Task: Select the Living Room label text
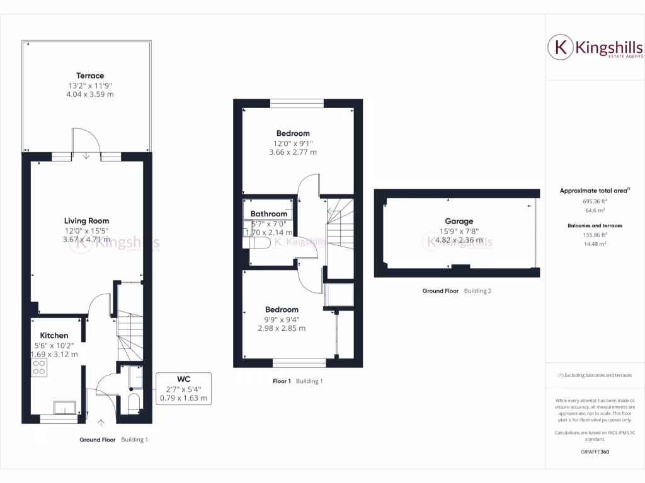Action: (x=86, y=221)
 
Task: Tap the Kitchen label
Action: (x=54, y=336)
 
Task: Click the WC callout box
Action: (x=183, y=389)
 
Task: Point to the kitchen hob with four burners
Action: (x=38, y=367)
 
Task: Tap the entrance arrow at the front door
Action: (x=100, y=423)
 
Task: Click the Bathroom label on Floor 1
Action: (x=268, y=214)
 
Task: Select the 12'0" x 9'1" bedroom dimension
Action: (x=292, y=143)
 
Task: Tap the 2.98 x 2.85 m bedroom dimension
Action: (x=282, y=328)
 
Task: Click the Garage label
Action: (x=459, y=221)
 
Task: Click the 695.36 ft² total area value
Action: (x=595, y=201)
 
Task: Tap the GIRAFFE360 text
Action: (x=595, y=452)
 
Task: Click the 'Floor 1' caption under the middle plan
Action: (x=282, y=381)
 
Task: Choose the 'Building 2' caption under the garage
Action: (x=477, y=291)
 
